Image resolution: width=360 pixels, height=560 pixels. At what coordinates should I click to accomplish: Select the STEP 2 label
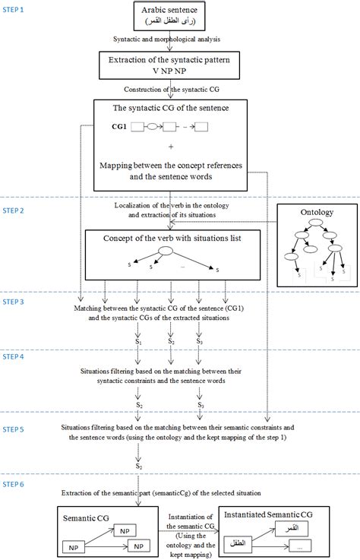[x=15, y=210]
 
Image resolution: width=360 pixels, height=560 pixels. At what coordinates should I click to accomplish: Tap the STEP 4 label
[x=15, y=356]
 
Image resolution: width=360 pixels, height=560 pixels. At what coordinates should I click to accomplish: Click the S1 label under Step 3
[x=138, y=342]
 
